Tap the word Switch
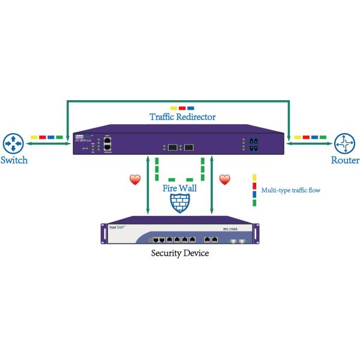pyautogui.click(x=13, y=161)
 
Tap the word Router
pyautogui.click(x=345, y=161)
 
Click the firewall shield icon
pyautogui.click(x=180, y=205)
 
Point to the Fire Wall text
pyautogui.click(x=180, y=188)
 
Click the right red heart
pyautogui.click(x=224, y=179)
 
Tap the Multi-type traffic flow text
pyautogui.click(x=288, y=190)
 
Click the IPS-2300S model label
pyautogui.click(x=231, y=229)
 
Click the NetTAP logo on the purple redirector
pyautogui.click(x=82, y=137)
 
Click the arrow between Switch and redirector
pyautogui.click(x=48, y=144)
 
